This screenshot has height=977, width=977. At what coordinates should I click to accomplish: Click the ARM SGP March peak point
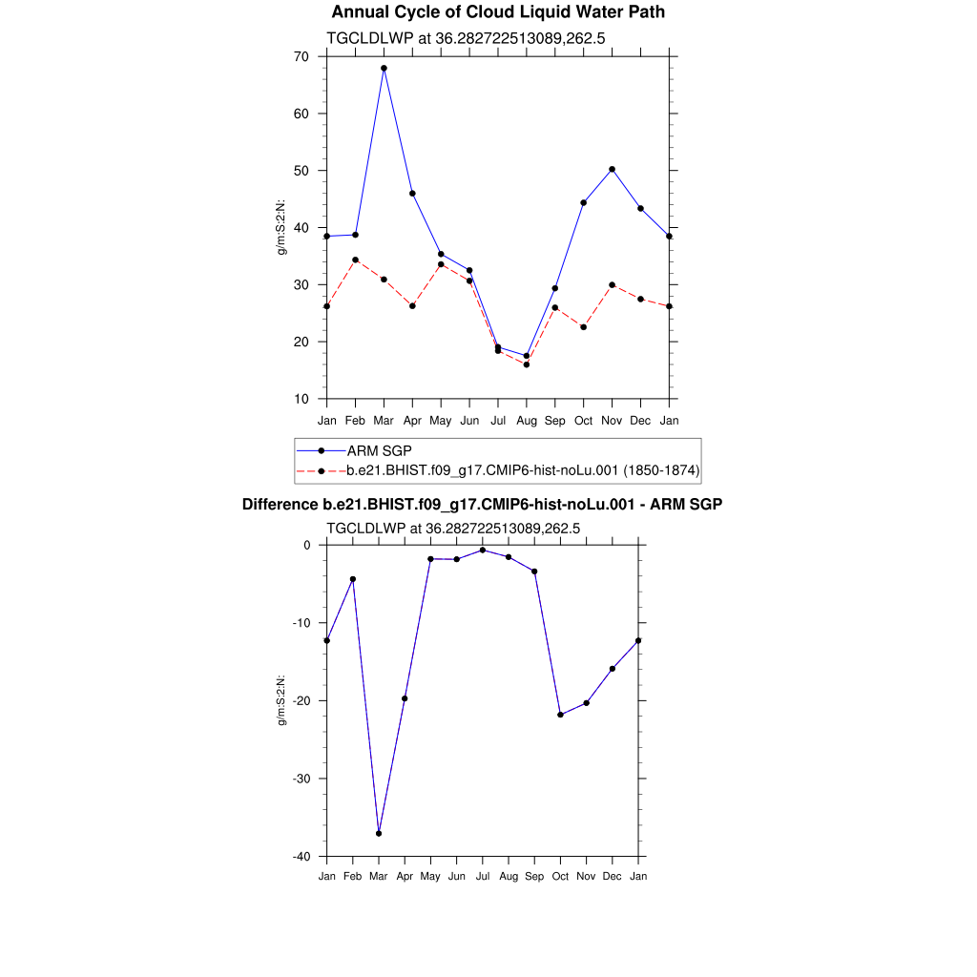384,69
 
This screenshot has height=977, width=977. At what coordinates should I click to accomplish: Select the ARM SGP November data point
612,169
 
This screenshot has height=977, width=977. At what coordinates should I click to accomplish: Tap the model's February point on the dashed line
355,260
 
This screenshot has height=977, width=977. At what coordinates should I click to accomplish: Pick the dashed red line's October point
583,327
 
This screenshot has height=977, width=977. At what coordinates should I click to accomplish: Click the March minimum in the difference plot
379,833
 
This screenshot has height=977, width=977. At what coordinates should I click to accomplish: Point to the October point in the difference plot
560,715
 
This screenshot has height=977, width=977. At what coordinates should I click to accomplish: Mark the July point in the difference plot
483,550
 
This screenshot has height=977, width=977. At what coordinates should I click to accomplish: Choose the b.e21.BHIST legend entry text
524,470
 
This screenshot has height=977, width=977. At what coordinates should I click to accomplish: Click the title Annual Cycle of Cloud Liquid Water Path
498,12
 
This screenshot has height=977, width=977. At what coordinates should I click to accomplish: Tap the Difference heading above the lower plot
482,504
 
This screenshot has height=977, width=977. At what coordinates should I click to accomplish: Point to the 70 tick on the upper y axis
301,57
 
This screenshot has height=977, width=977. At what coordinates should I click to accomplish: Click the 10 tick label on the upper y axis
301,399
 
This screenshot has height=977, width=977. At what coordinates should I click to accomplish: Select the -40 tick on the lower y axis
301,856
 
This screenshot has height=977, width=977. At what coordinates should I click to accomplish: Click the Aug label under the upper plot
527,420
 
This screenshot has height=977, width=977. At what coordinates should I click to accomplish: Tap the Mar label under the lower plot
379,875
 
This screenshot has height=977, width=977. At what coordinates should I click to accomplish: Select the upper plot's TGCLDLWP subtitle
467,38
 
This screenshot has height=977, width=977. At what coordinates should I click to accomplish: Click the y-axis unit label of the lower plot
281,700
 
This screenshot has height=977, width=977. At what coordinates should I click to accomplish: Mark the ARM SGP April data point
412,194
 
